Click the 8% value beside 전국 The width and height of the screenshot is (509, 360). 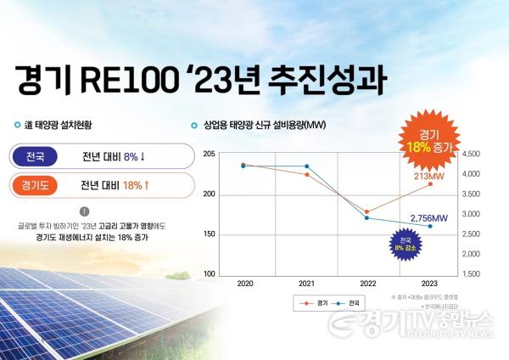[131, 157]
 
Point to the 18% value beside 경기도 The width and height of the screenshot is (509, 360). [132, 185]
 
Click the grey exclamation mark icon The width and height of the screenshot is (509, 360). [84, 211]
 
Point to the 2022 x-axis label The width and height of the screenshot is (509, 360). [367, 283]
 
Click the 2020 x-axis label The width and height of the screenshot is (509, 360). [244, 283]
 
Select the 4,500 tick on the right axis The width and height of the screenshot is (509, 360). [472, 155]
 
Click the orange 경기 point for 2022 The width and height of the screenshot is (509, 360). [367, 211]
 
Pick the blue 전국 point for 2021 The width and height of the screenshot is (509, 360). [306, 166]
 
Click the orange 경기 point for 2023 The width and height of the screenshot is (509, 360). [429, 184]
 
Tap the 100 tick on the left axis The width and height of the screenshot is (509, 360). [209, 274]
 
